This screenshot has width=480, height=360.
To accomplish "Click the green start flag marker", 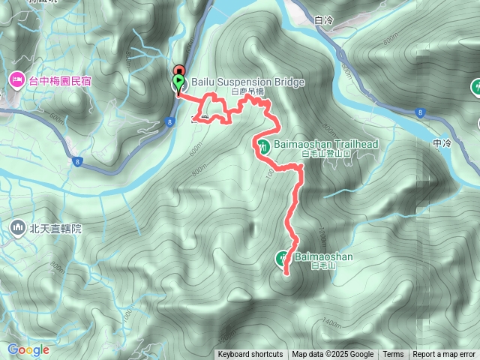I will coord(178,81).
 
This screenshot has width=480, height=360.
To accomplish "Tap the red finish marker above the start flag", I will coord(178,70).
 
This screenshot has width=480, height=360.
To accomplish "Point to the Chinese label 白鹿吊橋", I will coord(248,91).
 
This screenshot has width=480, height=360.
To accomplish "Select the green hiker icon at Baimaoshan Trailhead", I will coord(263,145).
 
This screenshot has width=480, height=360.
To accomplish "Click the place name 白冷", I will coord(324,21).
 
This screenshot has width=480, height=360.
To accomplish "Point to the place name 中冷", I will coord(442,142).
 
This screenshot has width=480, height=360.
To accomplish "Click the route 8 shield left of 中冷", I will coord(418,112).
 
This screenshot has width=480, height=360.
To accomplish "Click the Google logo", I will coord(28,349).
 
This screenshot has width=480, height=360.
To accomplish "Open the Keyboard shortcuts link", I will coord(250,355).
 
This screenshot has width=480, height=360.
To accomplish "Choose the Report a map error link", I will coord(445,355).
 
